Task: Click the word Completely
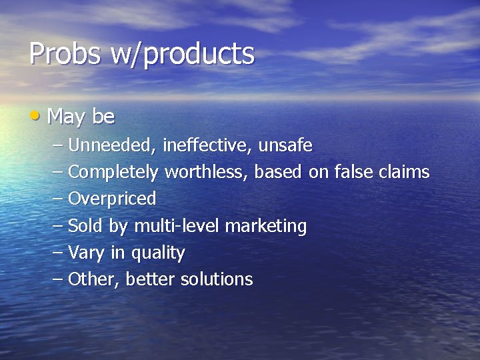coord(113,173)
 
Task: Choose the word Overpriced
coord(112,199)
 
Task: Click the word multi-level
coord(177,226)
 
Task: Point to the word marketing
coord(266,227)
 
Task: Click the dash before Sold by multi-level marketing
coord(57,226)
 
